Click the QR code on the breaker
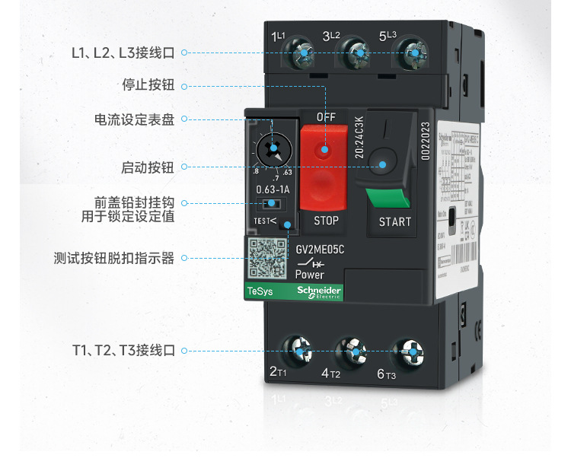(x=268, y=259)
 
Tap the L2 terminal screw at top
(x=357, y=55)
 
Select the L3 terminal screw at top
(x=412, y=54)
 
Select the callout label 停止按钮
(x=148, y=85)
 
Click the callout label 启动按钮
(x=148, y=167)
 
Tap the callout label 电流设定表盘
(x=134, y=119)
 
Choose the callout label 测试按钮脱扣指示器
(x=114, y=259)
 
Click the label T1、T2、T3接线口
(x=123, y=351)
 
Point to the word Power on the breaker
(x=309, y=275)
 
